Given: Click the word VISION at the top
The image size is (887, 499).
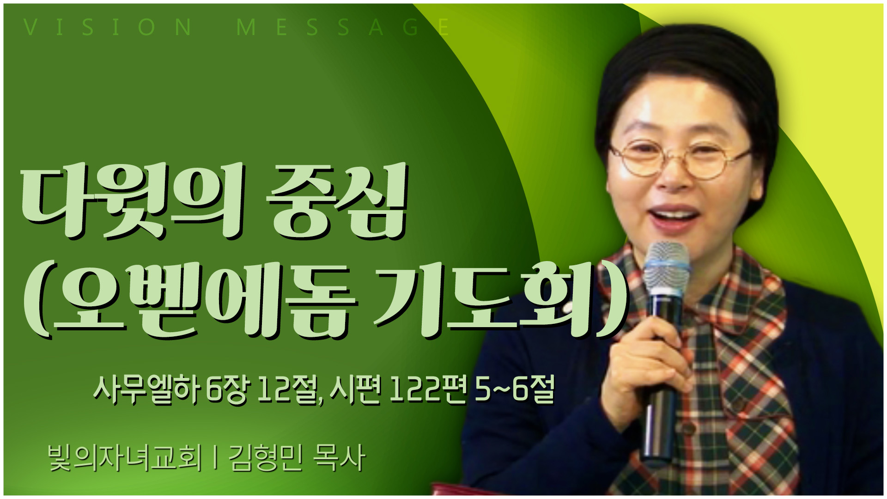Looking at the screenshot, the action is click(107, 27).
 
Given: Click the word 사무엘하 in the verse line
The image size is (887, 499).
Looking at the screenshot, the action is click(146, 390).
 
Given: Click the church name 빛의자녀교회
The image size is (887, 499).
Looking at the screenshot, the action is click(125, 458).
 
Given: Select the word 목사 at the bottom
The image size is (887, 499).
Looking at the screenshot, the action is click(339, 458).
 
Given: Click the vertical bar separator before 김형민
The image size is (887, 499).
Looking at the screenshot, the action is click(215, 458).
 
